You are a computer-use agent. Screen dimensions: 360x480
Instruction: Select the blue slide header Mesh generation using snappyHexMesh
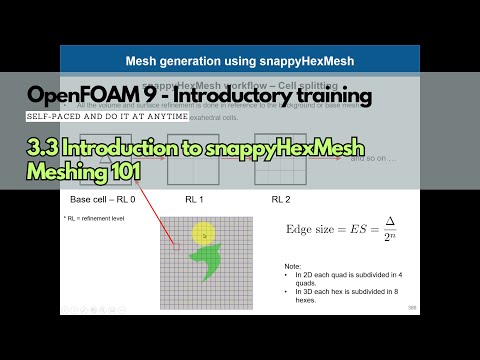[x=240, y=59]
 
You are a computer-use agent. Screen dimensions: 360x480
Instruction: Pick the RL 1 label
[x=194, y=200]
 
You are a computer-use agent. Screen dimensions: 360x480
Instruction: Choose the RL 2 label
[x=283, y=200]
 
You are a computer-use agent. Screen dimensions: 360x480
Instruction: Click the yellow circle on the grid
[x=204, y=236]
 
